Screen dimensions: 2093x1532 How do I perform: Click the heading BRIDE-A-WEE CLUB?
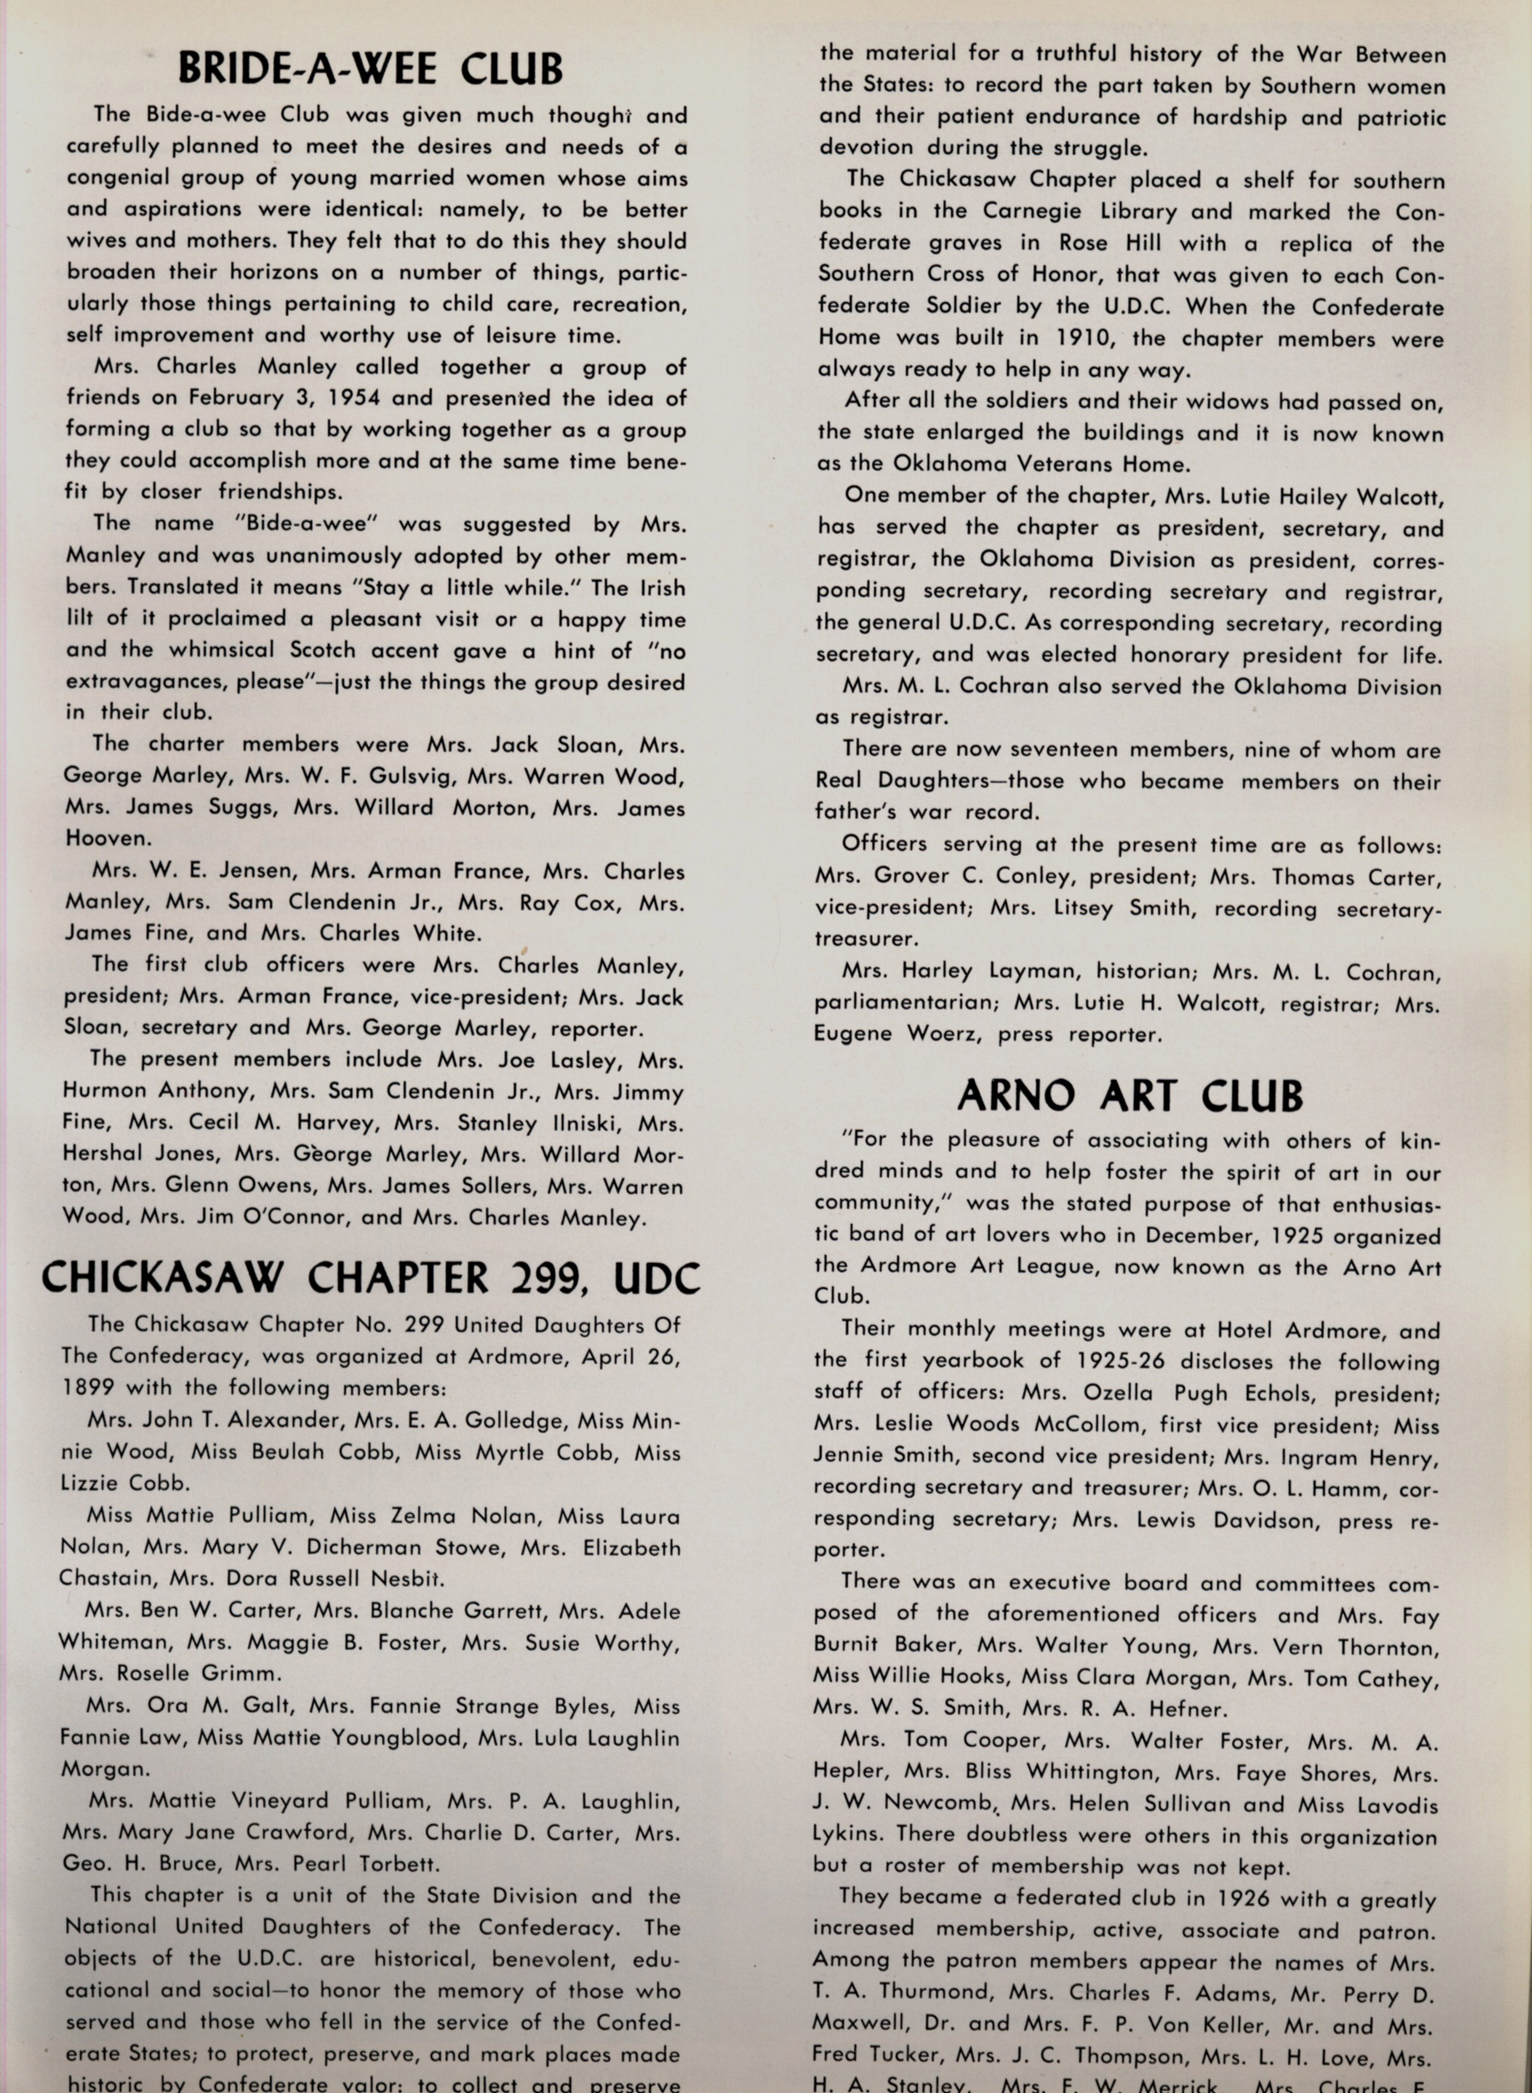[370, 68]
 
